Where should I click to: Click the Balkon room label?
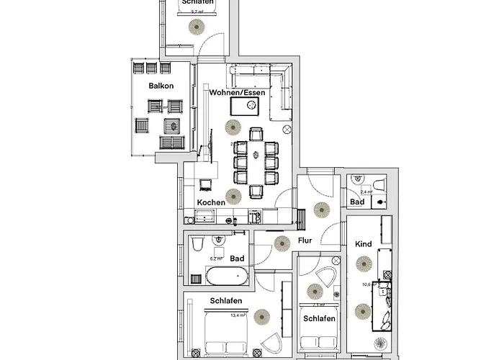point(161,86)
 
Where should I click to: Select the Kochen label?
point(211,203)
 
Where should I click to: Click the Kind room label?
point(364,244)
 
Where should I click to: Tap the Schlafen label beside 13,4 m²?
point(225,301)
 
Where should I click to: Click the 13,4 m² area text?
point(238,315)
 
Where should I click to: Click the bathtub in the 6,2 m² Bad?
point(228,275)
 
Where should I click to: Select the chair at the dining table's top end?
point(256,134)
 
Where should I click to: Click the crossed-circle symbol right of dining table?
point(287,129)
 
